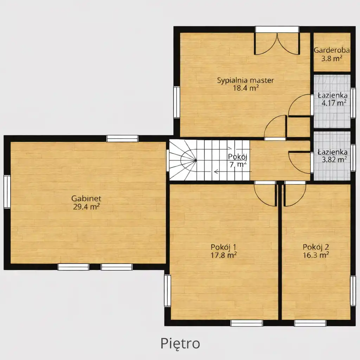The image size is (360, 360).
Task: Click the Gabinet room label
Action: coord(86,198)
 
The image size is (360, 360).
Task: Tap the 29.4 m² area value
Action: coord(86,207)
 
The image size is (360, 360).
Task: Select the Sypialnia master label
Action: coord(246,81)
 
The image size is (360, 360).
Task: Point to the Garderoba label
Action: coord(332,50)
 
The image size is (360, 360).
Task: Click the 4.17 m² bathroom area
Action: coord(334,103)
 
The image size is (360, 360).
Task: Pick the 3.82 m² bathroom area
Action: coord(334,159)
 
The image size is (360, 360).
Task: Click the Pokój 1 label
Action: coord(223,247)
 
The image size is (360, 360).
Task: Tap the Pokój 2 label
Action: coord(316,247)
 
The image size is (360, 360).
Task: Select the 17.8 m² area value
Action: coord(224,255)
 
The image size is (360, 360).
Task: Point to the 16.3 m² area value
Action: coord(316,255)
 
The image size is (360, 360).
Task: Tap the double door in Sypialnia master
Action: coord(277,44)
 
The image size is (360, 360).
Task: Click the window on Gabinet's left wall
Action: coord(7,192)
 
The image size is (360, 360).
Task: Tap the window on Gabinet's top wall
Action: coord(122,139)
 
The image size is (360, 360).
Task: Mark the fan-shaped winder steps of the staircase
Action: coord(183,160)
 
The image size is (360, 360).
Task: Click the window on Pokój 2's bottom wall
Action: coord(310,323)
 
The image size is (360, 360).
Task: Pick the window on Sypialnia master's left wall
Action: coord(176,102)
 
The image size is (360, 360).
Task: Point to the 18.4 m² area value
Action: coord(246,88)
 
